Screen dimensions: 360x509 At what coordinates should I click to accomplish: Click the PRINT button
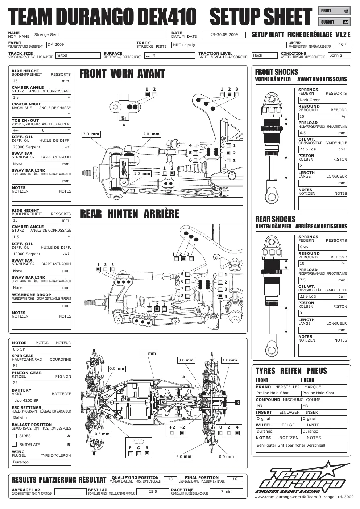[x=334, y=11]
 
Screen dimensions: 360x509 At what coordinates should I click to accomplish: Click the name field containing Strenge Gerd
[x=100, y=35]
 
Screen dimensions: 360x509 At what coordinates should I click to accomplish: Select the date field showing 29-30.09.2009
[x=224, y=35]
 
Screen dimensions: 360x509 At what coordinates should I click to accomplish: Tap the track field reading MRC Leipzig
[x=229, y=45]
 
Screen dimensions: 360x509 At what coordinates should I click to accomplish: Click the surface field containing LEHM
[x=170, y=55]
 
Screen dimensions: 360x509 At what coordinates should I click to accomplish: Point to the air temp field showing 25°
[x=343, y=45]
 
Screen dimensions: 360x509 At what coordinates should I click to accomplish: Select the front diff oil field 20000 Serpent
[x=41, y=147]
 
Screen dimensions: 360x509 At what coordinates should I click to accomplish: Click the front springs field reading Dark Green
[x=323, y=100]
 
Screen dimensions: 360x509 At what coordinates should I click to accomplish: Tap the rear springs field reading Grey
[x=323, y=247]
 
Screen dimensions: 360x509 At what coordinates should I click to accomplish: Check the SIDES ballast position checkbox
[x=14, y=436]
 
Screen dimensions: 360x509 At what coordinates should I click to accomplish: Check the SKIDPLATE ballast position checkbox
[x=14, y=444]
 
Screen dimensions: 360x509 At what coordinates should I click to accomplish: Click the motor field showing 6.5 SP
[x=41, y=349]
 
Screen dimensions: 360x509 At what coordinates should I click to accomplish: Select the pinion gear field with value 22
[x=41, y=383]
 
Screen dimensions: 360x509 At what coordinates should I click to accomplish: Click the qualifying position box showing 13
[x=170, y=479]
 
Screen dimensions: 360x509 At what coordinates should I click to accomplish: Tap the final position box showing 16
[x=235, y=479]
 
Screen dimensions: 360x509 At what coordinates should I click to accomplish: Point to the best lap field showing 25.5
[x=153, y=492]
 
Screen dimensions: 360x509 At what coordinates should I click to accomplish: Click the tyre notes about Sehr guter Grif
[x=301, y=447]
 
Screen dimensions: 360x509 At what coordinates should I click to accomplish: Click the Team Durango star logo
[x=302, y=477]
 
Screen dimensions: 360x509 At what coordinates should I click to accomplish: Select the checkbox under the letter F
[x=131, y=454]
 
